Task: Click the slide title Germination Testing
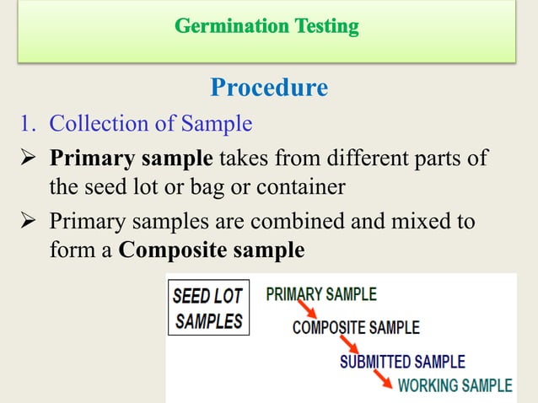267,28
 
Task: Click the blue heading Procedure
268,88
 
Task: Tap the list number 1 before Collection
27,125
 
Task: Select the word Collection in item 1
102,124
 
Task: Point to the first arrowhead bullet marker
30,159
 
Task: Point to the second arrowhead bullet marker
30,222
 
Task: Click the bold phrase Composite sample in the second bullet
212,250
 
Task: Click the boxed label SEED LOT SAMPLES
208,308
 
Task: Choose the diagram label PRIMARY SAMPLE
321,295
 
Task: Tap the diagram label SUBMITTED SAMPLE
402,362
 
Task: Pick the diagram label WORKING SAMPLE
455,386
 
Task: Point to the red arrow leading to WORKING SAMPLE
383,379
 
